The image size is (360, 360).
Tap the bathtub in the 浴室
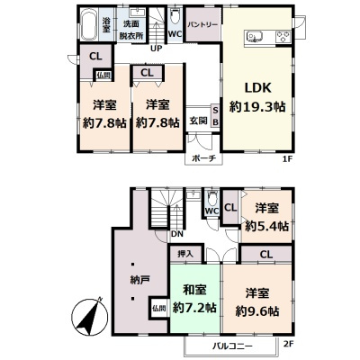(x=89, y=25)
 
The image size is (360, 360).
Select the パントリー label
(x=202, y=24)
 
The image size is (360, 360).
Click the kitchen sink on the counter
(x=254, y=37)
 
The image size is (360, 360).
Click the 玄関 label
(x=198, y=121)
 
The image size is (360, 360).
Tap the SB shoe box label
(x=215, y=116)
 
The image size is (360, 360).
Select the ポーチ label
(x=203, y=158)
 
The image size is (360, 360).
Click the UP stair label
(x=156, y=49)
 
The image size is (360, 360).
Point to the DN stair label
(x=177, y=234)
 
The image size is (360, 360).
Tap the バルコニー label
(x=233, y=346)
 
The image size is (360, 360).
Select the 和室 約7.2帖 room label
(x=194, y=299)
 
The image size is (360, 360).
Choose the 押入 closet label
(x=185, y=254)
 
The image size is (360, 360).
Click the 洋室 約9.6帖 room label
(x=257, y=301)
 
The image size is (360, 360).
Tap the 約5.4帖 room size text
(x=267, y=226)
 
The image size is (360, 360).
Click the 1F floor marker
(x=287, y=159)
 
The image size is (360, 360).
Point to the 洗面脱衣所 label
(x=131, y=31)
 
